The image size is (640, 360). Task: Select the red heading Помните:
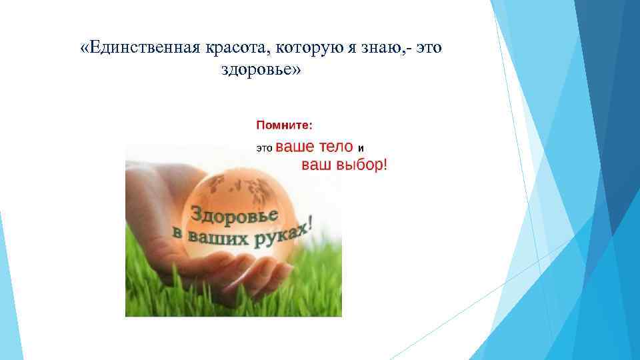click(x=284, y=125)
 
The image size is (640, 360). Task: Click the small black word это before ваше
click(x=265, y=148)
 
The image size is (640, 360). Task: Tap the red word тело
click(x=331, y=147)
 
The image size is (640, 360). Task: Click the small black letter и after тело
click(x=361, y=148)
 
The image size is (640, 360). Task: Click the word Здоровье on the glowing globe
click(x=235, y=214)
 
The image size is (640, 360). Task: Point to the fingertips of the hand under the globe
click(x=267, y=270)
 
